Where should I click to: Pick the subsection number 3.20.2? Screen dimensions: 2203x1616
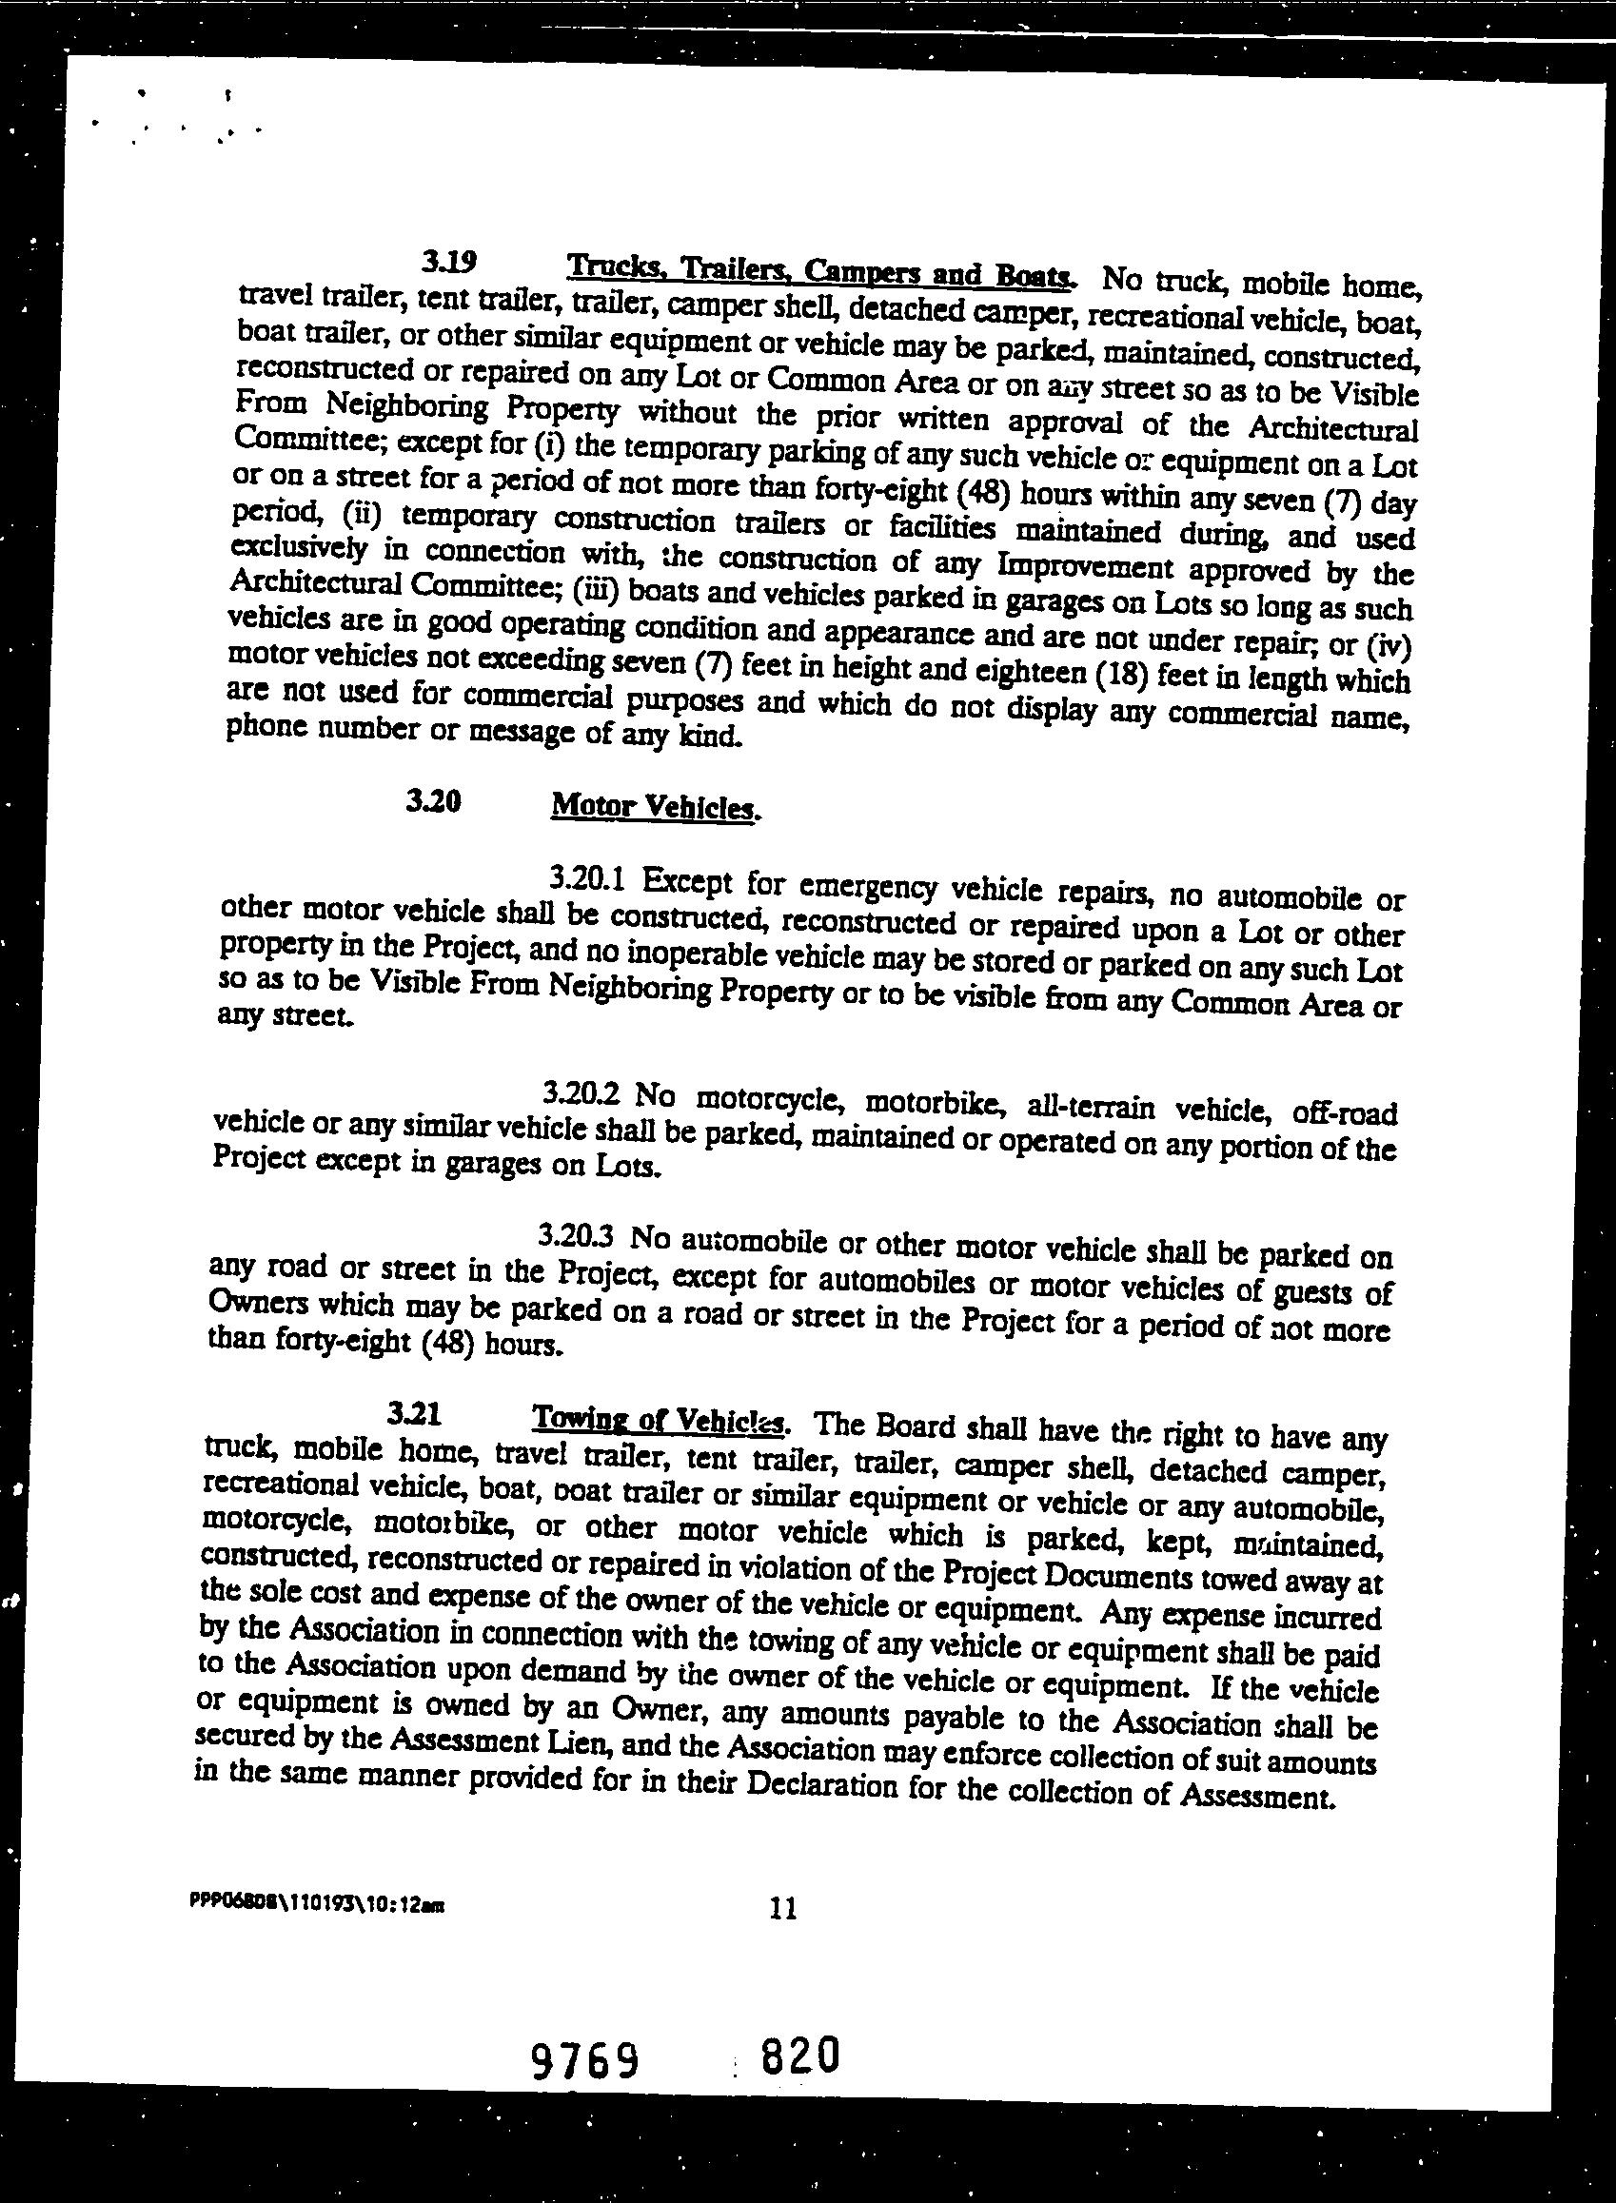[x=581, y=1091]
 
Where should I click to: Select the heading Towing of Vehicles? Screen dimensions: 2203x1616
[x=658, y=1419]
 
